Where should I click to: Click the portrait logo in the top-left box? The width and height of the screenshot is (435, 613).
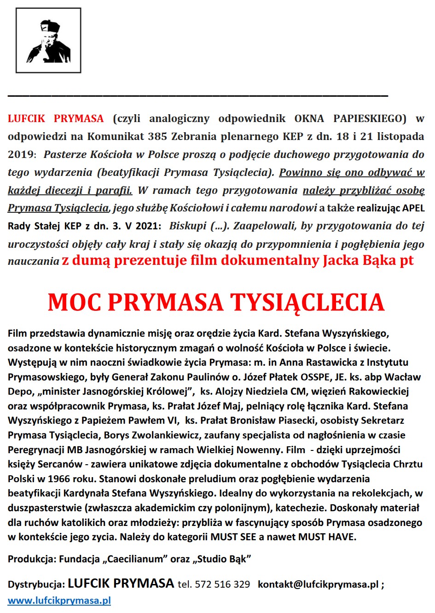coord(48,41)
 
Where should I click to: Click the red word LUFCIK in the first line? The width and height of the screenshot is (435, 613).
coord(26,119)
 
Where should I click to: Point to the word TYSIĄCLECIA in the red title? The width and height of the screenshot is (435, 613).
coord(307,303)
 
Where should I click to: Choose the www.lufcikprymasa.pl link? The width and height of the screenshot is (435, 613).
coord(59,601)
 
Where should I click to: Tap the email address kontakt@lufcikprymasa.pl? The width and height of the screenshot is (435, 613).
coord(318,584)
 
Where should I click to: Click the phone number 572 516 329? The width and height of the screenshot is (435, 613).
coord(222,584)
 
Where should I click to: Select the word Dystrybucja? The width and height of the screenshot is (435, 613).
coord(36,584)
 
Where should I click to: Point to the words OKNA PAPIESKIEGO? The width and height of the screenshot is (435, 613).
coord(350,119)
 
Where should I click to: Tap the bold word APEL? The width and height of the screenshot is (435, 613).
coord(413,208)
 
